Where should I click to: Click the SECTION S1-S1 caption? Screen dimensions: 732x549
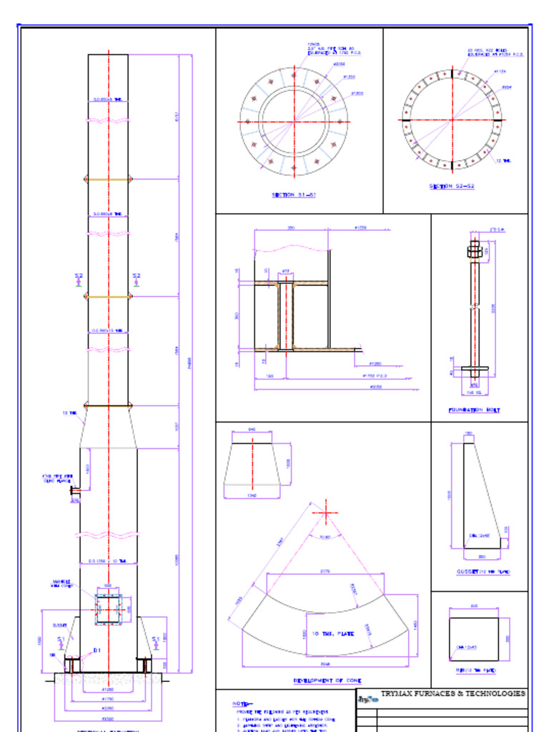pyautogui.click(x=293, y=195)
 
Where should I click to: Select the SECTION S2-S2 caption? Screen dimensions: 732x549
pyautogui.click(x=452, y=187)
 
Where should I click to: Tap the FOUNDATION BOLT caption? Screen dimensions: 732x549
pyautogui.click(x=474, y=410)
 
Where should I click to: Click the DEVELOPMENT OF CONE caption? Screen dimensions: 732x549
pyautogui.click(x=327, y=681)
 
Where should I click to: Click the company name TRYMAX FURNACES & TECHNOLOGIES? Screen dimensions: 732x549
pyautogui.click(x=453, y=693)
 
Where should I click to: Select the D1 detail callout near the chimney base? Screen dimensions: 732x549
pyautogui.click(x=97, y=651)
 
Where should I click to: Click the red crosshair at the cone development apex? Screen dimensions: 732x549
pyautogui.click(x=327, y=513)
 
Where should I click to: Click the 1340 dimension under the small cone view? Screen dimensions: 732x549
pyautogui.click(x=252, y=495)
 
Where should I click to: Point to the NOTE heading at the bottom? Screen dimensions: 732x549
pyautogui.click(x=243, y=704)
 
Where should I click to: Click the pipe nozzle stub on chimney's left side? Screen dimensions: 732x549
pyautogui.click(x=74, y=490)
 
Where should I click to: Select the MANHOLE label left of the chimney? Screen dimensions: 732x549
pyautogui.click(x=61, y=583)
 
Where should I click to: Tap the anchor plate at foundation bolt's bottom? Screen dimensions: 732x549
pyautogui.click(x=475, y=369)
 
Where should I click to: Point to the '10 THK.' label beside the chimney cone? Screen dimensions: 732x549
pyautogui.click(x=69, y=413)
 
